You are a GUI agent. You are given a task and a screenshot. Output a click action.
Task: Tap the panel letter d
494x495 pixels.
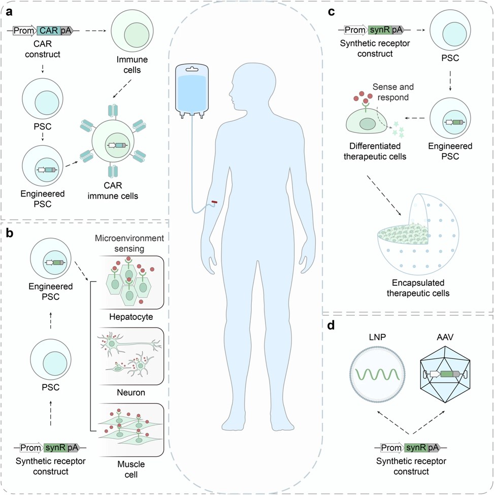pos(331,325)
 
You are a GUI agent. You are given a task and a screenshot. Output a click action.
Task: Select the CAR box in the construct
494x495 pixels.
pos(49,31)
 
